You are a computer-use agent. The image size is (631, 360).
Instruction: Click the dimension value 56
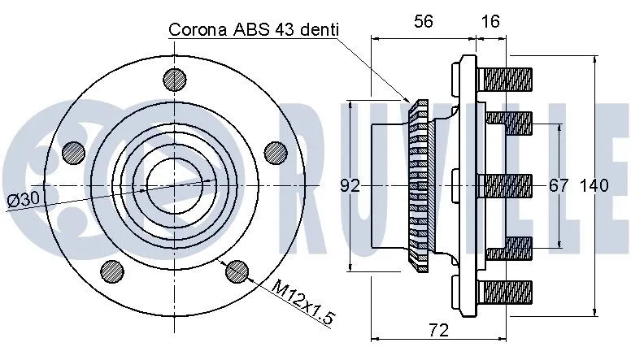point(423,23)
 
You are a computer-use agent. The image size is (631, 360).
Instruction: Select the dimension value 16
point(490,23)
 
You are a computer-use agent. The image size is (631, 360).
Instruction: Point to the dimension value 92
point(350,186)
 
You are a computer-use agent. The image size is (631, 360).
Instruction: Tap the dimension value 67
point(559,186)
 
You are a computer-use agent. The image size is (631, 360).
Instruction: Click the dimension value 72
point(438,330)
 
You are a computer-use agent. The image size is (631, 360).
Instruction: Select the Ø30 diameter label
point(24,199)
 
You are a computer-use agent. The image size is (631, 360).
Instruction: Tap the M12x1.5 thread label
point(303,301)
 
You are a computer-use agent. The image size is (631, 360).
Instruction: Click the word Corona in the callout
point(197,30)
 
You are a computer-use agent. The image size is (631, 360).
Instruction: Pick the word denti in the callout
point(314,30)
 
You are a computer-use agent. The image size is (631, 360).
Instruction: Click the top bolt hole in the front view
point(175,79)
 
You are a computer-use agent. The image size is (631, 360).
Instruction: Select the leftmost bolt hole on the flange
point(74,152)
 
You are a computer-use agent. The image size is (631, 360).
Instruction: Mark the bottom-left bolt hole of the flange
point(111,270)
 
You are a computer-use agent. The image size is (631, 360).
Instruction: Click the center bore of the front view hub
point(174,186)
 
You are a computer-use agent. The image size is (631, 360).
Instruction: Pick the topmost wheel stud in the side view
point(505,80)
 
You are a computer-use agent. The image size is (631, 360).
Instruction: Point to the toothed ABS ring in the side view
point(420,186)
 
